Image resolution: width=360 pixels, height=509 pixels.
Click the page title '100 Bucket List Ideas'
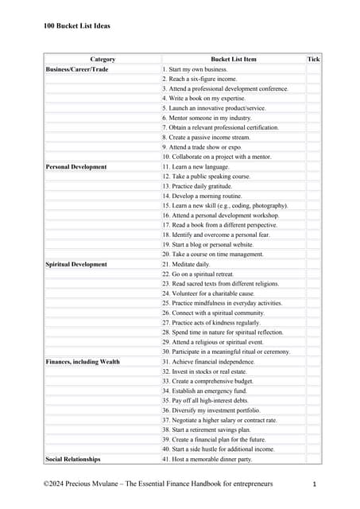pyautogui.click(x=77, y=25)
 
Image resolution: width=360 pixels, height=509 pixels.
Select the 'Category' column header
pyautogui.click(x=103, y=60)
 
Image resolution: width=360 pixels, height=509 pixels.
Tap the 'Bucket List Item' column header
pyautogui.click(x=234, y=60)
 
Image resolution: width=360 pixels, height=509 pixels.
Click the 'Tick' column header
pyautogui.click(x=313, y=60)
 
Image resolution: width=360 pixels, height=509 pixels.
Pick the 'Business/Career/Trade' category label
pyautogui.click(x=77, y=70)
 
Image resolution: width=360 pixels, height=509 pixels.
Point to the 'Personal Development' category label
pyautogui.click(x=75, y=167)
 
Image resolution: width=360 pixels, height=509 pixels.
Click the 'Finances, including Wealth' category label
pyautogui.click(x=83, y=362)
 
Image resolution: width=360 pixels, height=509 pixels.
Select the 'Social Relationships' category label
pyautogui.click(x=73, y=459)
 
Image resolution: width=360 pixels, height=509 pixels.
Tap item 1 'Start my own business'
pyautogui.click(x=195, y=70)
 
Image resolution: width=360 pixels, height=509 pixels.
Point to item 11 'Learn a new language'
pyautogui.click(x=195, y=167)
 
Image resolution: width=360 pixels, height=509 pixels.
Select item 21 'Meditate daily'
pyautogui.click(x=188, y=264)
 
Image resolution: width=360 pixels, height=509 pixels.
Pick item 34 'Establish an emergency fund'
pyautogui.click(x=204, y=390)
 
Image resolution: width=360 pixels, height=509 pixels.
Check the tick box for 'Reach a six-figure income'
pyautogui.click(x=313, y=80)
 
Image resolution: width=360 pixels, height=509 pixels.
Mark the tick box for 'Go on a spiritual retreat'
pyautogui.click(x=313, y=274)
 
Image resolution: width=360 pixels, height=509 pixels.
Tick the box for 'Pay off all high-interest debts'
pyautogui.click(x=313, y=401)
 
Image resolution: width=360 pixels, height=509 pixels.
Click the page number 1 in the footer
pyautogui.click(x=315, y=484)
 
